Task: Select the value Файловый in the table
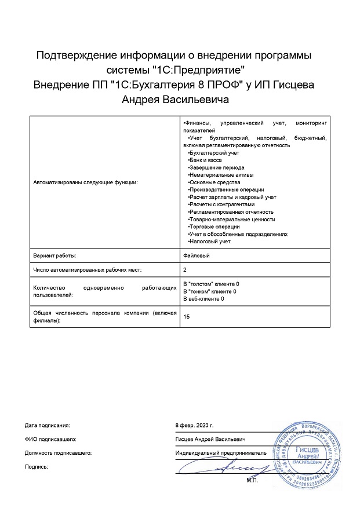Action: (196, 255)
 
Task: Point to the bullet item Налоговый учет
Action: (209, 242)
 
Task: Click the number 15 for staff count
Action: (186, 316)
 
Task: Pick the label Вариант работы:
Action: (55, 255)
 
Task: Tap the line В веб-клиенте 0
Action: (203, 299)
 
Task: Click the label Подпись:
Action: (37, 466)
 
